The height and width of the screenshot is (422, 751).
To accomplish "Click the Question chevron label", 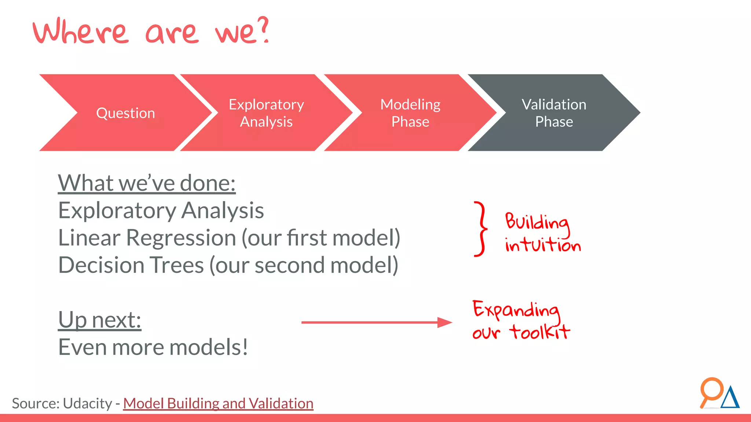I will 125,113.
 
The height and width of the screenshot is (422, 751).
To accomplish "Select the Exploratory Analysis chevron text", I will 266,113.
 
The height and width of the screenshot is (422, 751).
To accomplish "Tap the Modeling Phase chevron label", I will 410,113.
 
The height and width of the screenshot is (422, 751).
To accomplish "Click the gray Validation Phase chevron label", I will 554,113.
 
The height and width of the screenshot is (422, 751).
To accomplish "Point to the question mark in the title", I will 263,30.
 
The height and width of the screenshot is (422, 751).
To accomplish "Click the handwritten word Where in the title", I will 81,32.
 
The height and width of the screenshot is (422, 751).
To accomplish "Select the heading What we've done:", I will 147,183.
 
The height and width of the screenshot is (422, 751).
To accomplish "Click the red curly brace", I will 481,229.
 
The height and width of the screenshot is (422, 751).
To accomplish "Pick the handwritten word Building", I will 537,222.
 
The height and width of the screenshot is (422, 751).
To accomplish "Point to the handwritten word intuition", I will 543,245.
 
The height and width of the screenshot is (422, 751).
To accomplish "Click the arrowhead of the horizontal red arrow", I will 444,322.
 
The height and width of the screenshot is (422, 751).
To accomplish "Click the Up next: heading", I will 99,320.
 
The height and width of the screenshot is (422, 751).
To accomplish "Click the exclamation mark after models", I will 244,347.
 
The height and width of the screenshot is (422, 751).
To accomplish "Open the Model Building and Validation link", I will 218,403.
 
